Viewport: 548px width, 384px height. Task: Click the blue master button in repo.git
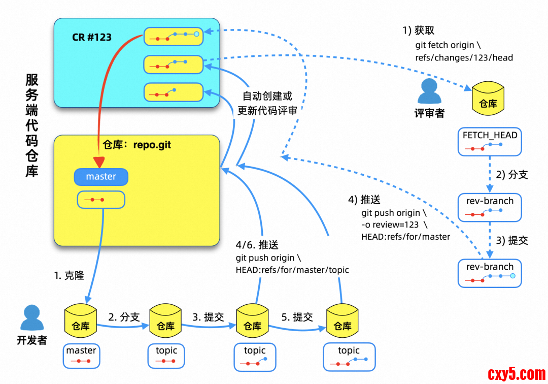point(101,177)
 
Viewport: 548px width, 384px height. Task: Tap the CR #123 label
point(91,37)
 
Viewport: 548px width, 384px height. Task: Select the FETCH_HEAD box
point(490,141)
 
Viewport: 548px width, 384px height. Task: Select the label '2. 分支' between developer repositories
point(124,317)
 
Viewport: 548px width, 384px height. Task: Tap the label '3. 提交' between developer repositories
point(208,317)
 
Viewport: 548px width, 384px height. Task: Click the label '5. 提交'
point(297,317)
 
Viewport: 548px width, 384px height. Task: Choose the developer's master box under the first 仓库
point(81,356)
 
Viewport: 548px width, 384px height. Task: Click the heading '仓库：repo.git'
point(136,145)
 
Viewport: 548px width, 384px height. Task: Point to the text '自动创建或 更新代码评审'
point(267,103)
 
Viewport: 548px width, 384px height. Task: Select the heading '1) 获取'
point(419,31)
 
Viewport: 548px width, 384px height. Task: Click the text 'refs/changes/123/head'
point(464,58)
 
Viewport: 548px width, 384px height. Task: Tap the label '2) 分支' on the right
point(512,175)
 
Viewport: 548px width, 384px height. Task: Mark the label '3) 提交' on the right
point(512,240)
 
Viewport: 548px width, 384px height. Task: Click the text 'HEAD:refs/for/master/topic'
point(292,270)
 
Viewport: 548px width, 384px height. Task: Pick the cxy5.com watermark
point(517,374)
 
